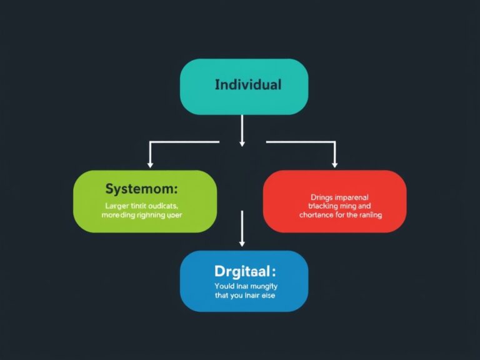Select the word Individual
247,84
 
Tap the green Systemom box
145,201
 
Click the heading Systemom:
141,188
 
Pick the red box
334,201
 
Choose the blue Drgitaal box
244,281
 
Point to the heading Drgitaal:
244,272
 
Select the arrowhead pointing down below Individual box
242,143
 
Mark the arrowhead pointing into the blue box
242,243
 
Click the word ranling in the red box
369,214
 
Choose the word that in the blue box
222,295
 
